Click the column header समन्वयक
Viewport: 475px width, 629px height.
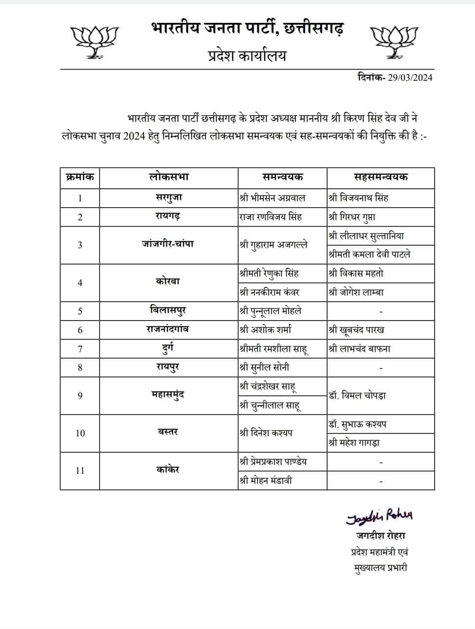point(282,177)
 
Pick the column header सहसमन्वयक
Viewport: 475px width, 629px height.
point(381,177)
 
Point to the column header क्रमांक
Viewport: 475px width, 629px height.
point(80,177)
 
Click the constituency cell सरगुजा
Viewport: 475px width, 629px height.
point(168,198)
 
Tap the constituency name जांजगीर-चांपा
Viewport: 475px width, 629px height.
point(168,244)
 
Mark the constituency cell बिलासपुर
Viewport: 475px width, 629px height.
point(168,310)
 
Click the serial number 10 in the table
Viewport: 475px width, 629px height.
point(80,433)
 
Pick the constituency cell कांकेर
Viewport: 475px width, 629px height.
point(168,470)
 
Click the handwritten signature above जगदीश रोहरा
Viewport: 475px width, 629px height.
point(380,517)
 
